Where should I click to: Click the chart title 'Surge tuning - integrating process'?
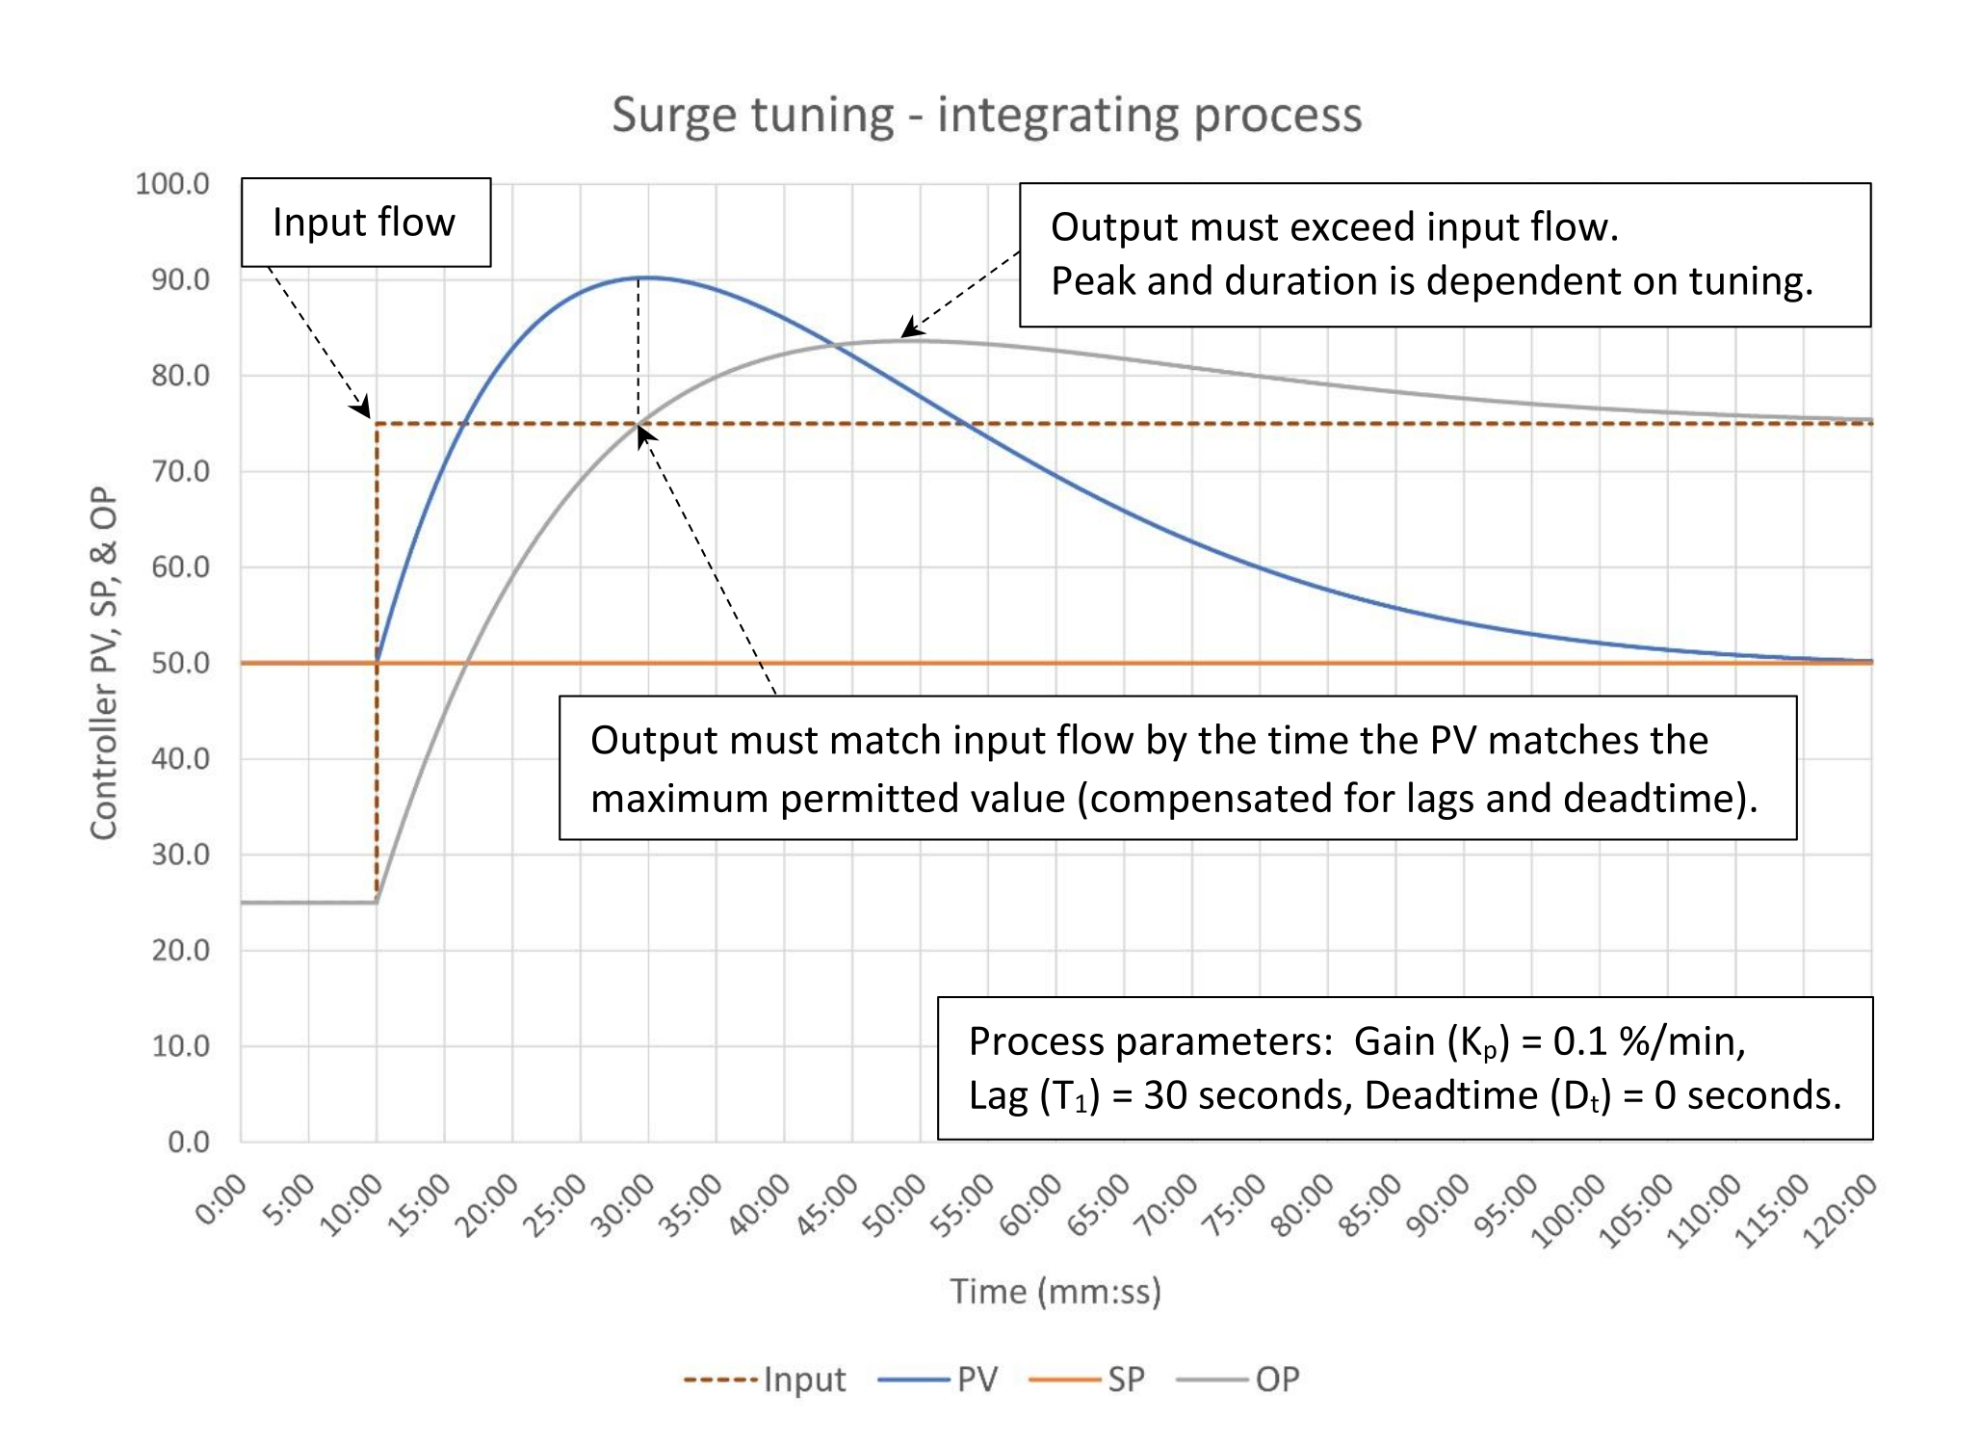tap(986, 115)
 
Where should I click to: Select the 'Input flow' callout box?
tap(365, 222)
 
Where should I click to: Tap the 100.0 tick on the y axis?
tap(172, 183)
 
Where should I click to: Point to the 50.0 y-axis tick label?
tap(180, 663)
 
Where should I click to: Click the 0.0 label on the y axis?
tap(188, 1142)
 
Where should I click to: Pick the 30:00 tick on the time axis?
tap(623, 1205)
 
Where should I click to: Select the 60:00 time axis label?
tap(1030, 1205)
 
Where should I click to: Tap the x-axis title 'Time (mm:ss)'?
tap(1055, 1291)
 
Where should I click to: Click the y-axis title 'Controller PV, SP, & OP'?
tap(104, 663)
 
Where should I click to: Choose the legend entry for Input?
tap(766, 1380)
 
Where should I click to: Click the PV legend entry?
tap(939, 1380)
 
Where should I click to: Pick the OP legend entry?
tap(1239, 1380)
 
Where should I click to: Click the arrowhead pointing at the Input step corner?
tap(362, 408)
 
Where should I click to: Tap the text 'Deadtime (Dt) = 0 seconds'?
tap(1602, 1096)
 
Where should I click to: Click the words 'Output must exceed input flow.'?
tap(1334, 227)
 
